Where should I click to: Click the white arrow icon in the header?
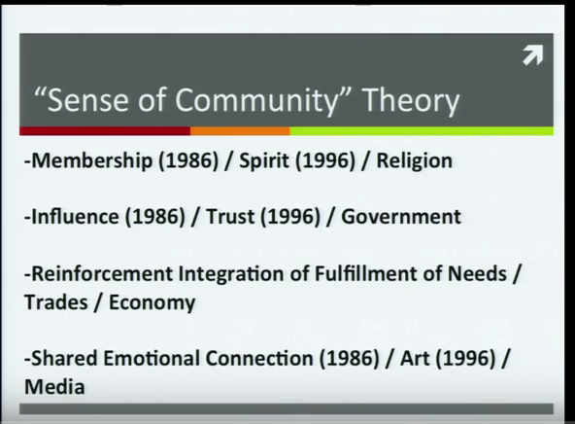pos(532,55)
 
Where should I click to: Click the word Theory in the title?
pos(411,100)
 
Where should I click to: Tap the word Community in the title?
pos(255,100)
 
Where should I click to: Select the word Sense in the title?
pos(87,100)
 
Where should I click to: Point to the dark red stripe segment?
pos(105,131)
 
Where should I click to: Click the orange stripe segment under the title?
pos(240,131)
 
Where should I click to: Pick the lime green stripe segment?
pos(422,131)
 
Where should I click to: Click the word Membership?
pos(91,161)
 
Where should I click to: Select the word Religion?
pos(415,161)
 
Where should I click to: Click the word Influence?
pos(75,216)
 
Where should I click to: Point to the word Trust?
pos(230,216)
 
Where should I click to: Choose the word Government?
pos(401,216)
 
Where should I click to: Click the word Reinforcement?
pos(102,274)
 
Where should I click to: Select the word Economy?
pos(152,303)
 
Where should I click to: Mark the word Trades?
pos(56,302)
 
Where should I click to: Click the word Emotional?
pos(152,358)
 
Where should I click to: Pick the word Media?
pos(54,387)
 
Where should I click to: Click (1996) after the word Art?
pos(465,358)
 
